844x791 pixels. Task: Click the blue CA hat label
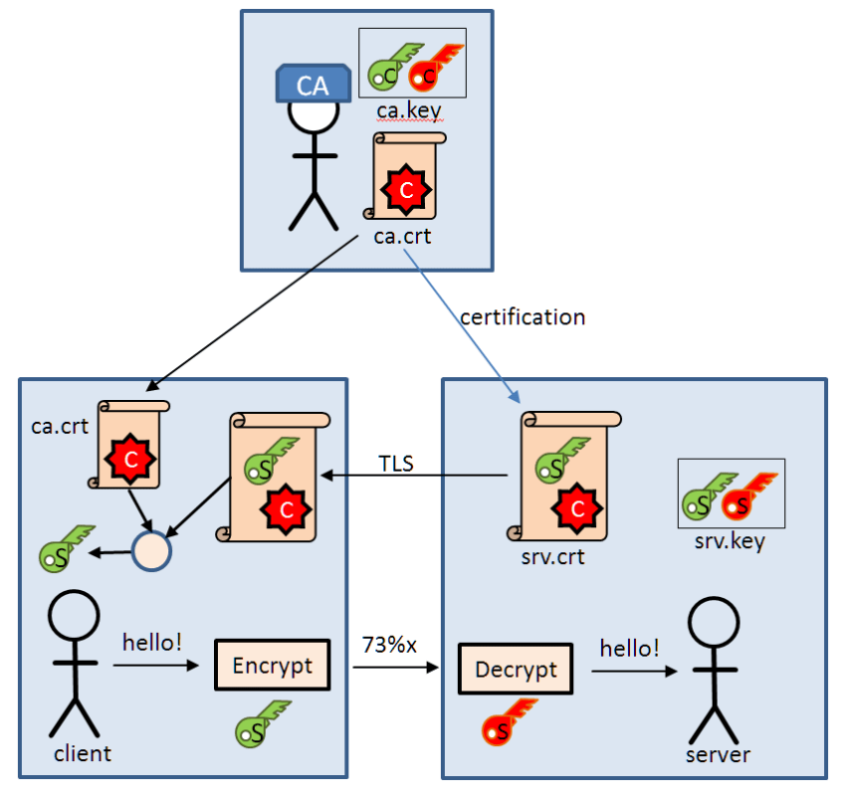313,85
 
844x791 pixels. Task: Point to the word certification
523,317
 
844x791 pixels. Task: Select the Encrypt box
272,666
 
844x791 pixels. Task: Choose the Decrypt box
515,670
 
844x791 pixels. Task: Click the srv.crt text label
552,556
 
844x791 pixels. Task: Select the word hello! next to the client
152,642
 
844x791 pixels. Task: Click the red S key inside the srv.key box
751,497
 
